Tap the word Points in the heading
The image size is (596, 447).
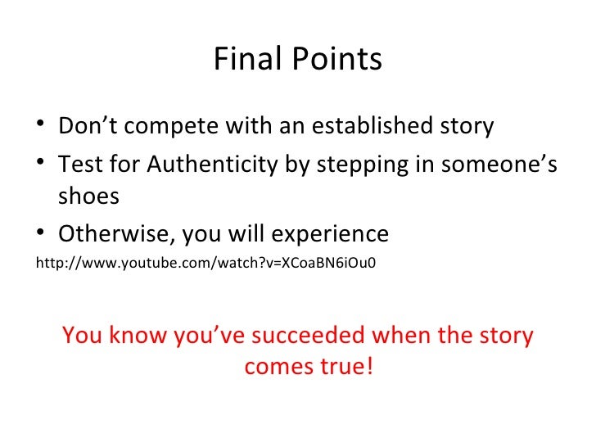(336, 60)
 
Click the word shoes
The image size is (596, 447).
(88, 196)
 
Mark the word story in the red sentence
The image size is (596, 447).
(505, 336)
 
